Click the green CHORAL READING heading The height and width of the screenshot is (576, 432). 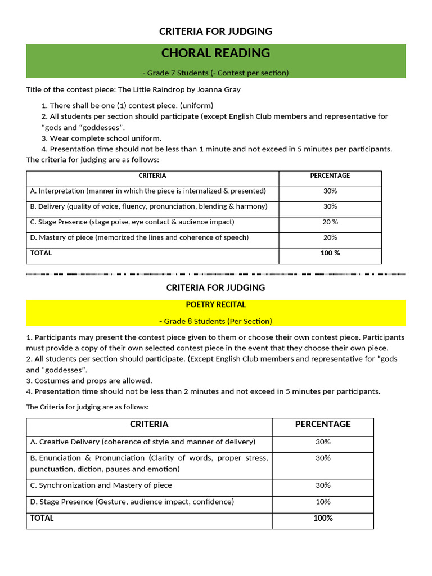pos(215,53)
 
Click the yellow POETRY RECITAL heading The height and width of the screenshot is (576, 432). pos(215,304)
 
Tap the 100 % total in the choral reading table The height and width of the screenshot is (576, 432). pos(330,253)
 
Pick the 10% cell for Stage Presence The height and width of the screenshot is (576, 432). pos(323,502)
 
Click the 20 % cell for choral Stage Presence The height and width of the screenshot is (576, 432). pos(330,222)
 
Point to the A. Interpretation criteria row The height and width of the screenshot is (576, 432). pos(148,191)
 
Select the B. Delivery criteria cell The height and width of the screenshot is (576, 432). pos(148,206)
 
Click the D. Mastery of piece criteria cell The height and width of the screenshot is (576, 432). pos(139,237)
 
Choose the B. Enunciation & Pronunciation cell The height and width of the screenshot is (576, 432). pos(149,463)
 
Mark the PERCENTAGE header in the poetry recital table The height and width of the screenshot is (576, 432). pos(323,424)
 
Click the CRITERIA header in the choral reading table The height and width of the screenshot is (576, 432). pos(152,175)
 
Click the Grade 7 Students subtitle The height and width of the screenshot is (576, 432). pos(215,73)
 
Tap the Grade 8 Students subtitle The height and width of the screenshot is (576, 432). pos(215,321)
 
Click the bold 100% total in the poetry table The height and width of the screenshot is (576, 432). pos(323,518)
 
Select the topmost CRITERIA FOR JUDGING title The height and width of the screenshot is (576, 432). pos(215,31)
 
